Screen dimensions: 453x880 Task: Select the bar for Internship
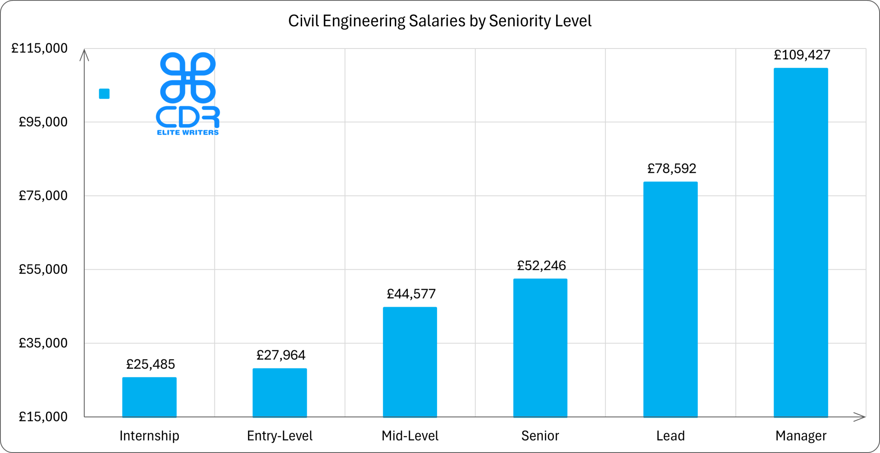pyautogui.click(x=149, y=397)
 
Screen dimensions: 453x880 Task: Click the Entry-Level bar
pyautogui.click(x=279, y=392)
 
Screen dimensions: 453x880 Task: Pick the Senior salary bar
pyautogui.click(x=540, y=347)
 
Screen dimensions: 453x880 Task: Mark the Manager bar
pyautogui.click(x=801, y=242)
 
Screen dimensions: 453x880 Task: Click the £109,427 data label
pyautogui.click(x=802, y=55)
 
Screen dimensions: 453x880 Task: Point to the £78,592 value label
pyautogui.click(x=672, y=168)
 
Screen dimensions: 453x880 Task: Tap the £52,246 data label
pyautogui.click(x=541, y=266)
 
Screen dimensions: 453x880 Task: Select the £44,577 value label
pyautogui.click(x=411, y=294)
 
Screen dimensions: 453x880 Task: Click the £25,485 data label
pyautogui.click(x=150, y=364)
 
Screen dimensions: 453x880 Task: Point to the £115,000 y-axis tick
pyautogui.click(x=40, y=48)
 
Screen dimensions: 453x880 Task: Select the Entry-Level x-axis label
pyautogui.click(x=279, y=436)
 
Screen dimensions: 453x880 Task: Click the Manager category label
pyautogui.click(x=801, y=436)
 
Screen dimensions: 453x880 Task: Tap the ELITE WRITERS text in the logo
pyautogui.click(x=188, y=132)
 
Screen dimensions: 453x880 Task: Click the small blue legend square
pyautogui.click(x=104, y=94)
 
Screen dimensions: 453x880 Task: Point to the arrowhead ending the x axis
pyautogui.click(x=859, y=417)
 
